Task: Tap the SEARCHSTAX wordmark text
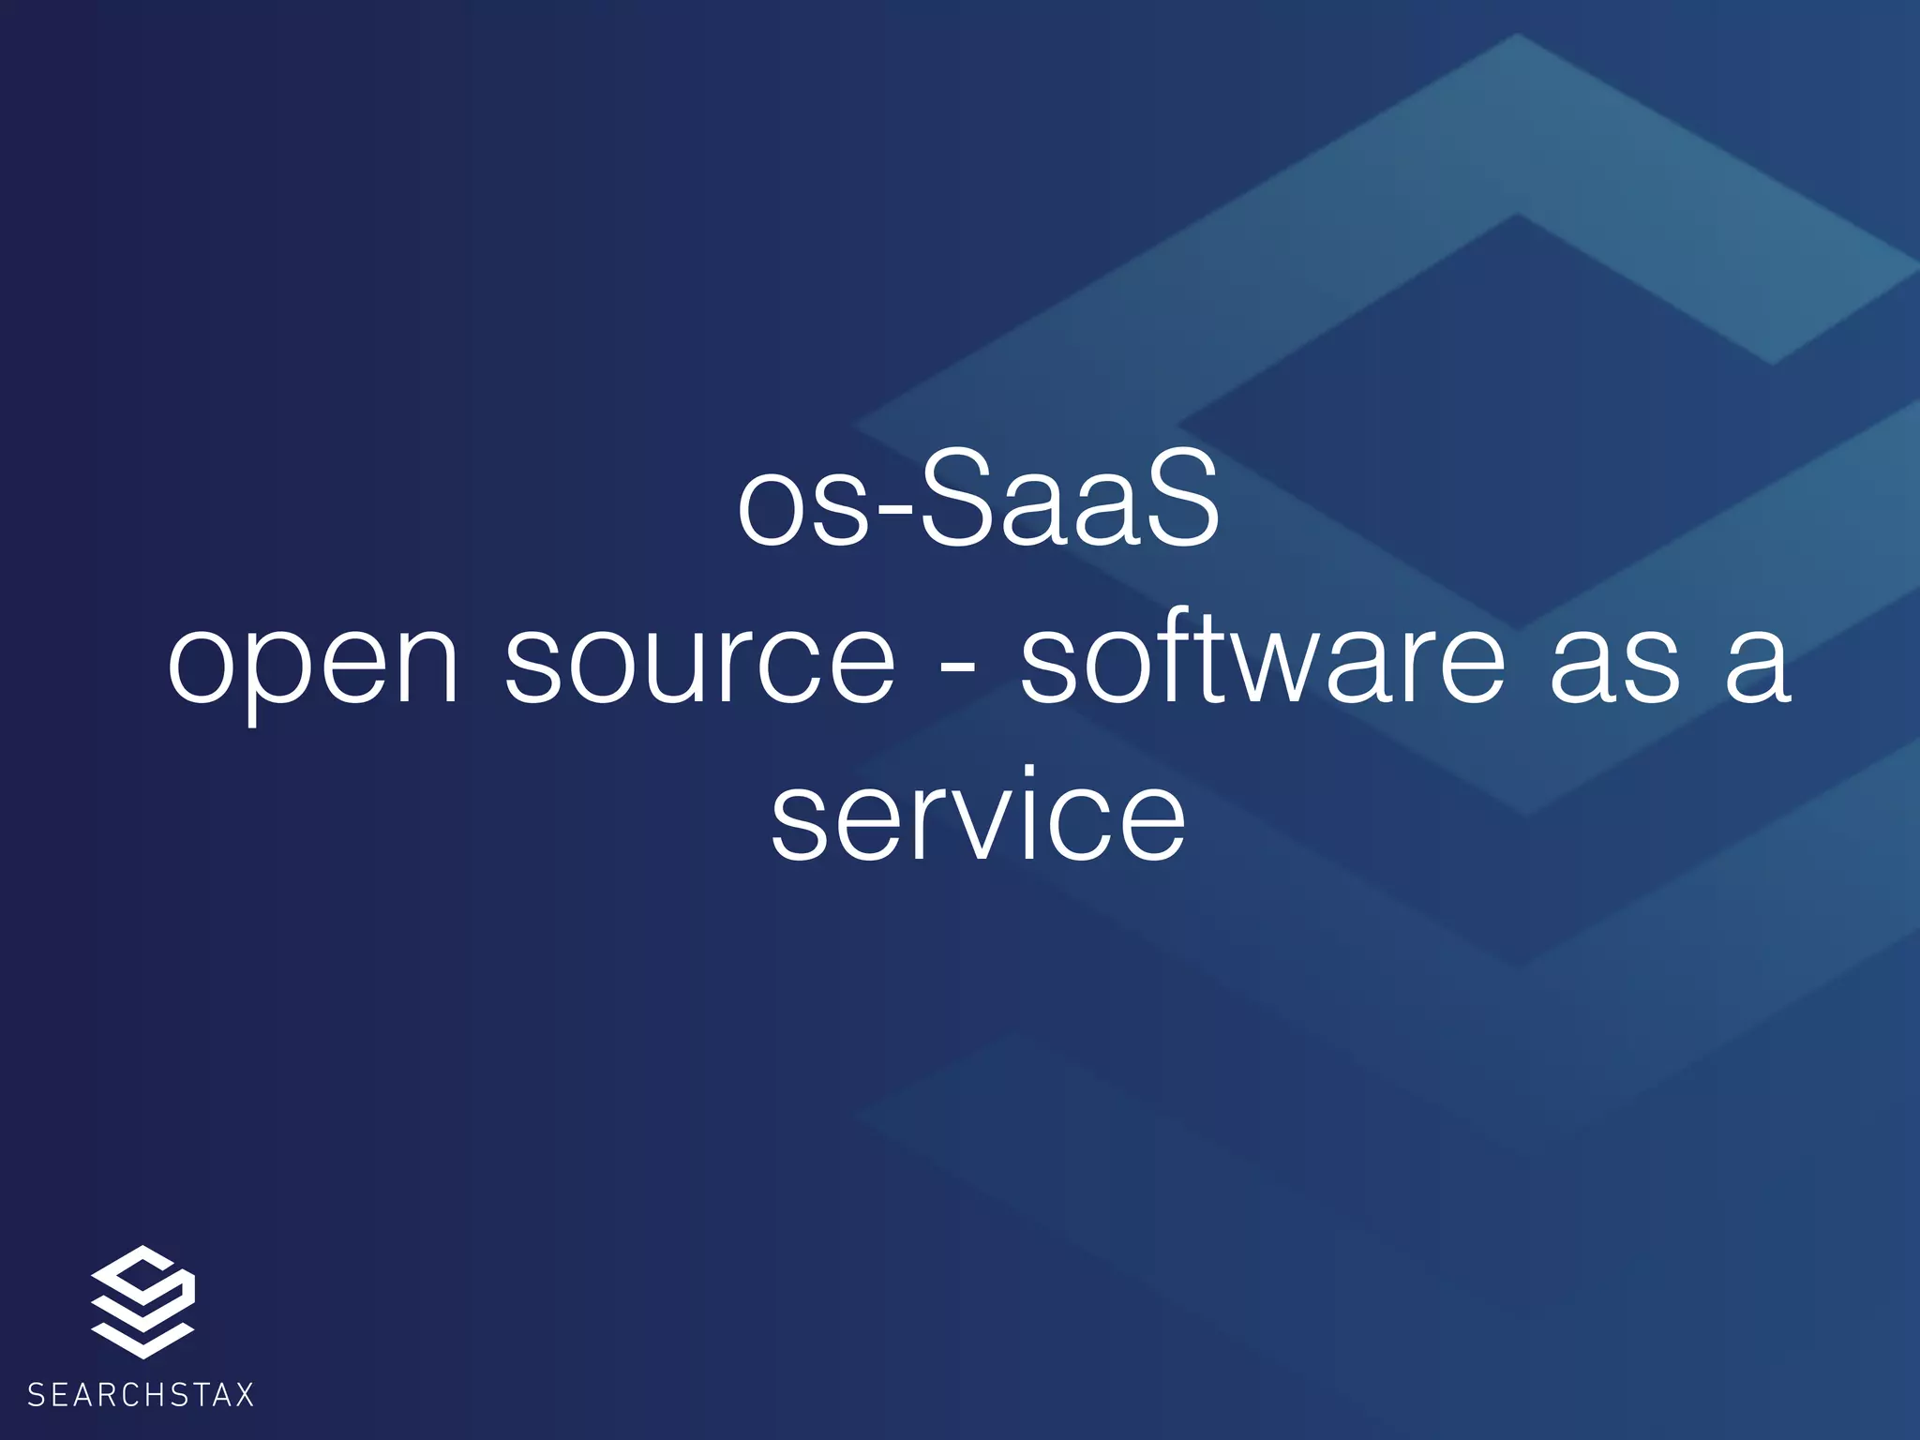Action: pos(141,1395)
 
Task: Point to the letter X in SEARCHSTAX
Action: pos(244,1395)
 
